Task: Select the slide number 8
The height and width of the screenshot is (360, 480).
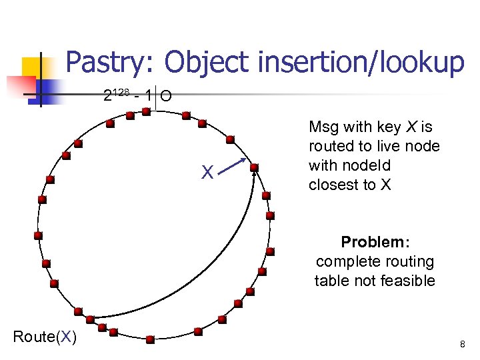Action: click(x=462, y=345)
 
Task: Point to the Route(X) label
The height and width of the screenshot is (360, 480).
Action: click(x=45, y=337)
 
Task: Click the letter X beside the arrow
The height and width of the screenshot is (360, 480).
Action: click(x=208, y=173)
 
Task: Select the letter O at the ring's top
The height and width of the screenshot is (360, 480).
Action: click(x=166, y=97)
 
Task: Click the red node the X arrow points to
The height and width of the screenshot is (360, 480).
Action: click(x=253, y=167)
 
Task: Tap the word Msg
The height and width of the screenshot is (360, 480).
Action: click(x=324, y=127)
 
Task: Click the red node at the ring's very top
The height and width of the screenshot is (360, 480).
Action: click(x=147, y=113)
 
